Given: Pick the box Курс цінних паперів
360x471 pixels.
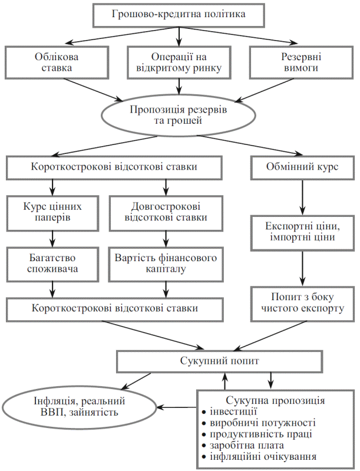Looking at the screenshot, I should point(53,213).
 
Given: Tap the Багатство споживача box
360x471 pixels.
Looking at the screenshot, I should point(53,264).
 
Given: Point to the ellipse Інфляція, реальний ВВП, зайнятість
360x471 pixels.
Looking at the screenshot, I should point(80,406).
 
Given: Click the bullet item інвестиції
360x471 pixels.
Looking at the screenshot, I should point(233,413).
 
